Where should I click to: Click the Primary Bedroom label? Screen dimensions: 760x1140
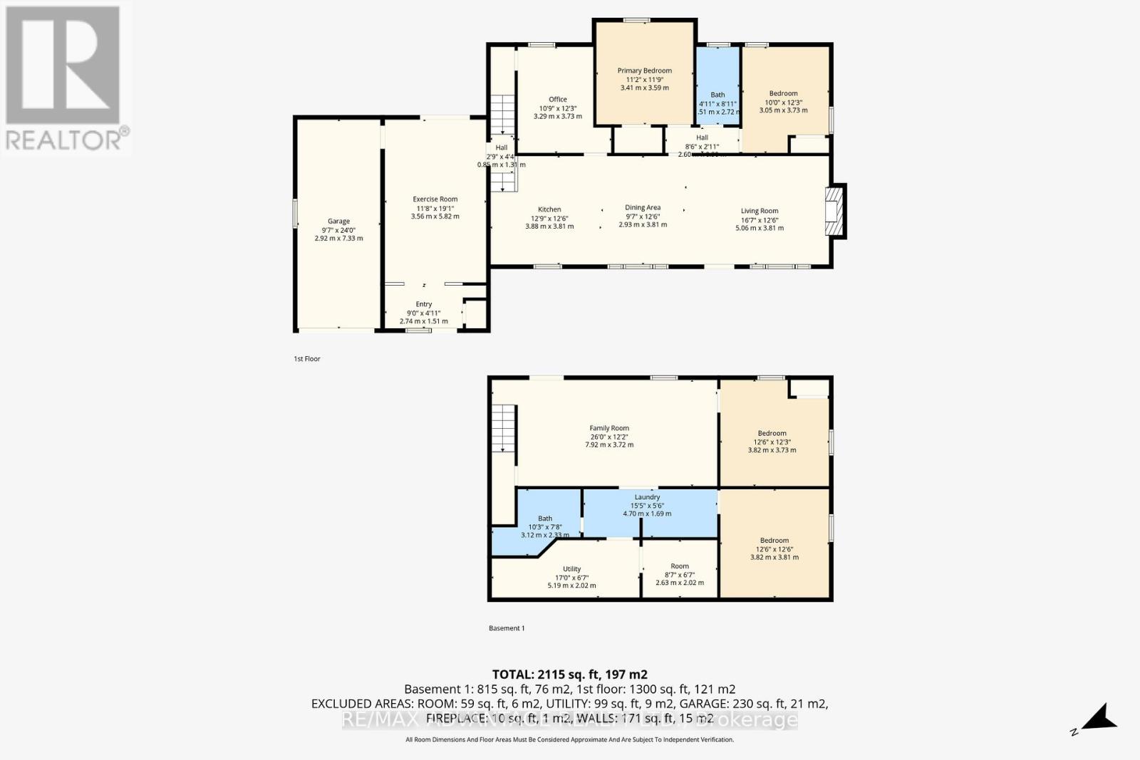pos(644,71)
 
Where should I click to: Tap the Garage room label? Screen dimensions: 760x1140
pos(338,222)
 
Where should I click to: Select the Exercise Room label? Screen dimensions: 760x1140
pos(435,199)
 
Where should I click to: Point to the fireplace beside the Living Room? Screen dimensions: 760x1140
pos(834,212)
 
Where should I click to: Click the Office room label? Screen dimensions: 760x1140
pos(557,100)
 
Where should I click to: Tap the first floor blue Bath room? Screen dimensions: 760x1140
pos(717,85)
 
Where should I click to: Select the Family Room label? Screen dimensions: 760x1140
pos(609,428)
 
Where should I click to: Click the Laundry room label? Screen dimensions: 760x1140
pos(647,497)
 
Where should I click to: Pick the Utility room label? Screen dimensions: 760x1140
pos(571,569)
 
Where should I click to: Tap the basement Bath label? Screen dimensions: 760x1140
pos(545,519)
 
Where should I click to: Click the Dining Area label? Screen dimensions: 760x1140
pos(643,207)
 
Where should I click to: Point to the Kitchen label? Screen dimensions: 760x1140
pos(549,209)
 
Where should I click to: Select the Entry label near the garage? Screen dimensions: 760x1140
pos(424,304)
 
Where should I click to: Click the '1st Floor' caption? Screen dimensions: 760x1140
pos(307,359)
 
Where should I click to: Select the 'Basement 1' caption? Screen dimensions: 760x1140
pos(507,628)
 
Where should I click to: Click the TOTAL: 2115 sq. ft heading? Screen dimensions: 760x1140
pos(569,674)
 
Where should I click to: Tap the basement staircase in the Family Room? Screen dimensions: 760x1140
pos(504,427)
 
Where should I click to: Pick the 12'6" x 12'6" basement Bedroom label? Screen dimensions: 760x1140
pos(774,541)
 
